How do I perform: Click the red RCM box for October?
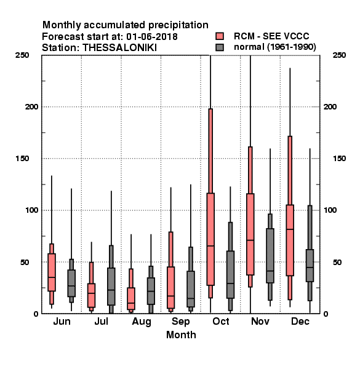click(x=210, y=239)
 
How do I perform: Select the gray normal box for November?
click(x=270, y=256)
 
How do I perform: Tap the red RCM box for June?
click(x=52, y=272)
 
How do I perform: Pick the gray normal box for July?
click(x=111, y=287)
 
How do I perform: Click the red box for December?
click(x=290, y=240)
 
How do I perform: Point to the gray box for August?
click(x=151, y=291)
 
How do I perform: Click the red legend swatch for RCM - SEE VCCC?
click(x=220, y=36)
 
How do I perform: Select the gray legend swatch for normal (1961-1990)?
click(x=220, y=47)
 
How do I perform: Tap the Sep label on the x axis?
click(x=180, y=322)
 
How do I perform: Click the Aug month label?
click(x=142, y=322)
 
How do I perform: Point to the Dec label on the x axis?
click(x=300, y=321)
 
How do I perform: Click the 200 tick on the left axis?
click(x=31, y=107)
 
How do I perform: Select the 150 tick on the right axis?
click(x=339, y=159)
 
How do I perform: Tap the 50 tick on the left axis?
click(x=24, y=262)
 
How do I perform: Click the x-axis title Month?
click(x=181, y=335)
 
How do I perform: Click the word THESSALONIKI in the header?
click(x=119, y=48)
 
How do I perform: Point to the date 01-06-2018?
click(x=152, y=37)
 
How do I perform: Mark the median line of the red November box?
click(x=250, y=240)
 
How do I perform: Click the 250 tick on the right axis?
click(x=339, y=55)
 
